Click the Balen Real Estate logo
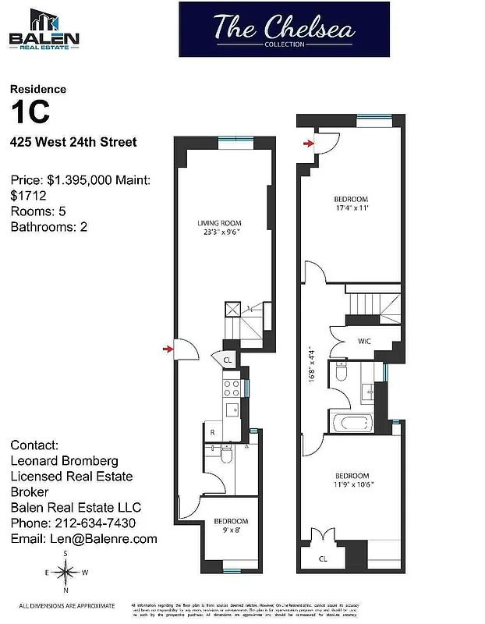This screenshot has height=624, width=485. tap(45, 30)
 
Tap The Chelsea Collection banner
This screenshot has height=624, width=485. tap(284, 30)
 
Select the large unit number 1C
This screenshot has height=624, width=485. tap(31, 112)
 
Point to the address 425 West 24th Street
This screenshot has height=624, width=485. tap(73, 142)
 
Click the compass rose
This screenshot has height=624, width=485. tap(66, 575)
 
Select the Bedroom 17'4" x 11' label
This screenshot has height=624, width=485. tap(350, 204)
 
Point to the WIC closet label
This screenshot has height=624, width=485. tap(363, 341)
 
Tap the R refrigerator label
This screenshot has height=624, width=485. tap(211, 431)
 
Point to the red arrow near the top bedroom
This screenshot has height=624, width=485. tap(309, 143)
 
